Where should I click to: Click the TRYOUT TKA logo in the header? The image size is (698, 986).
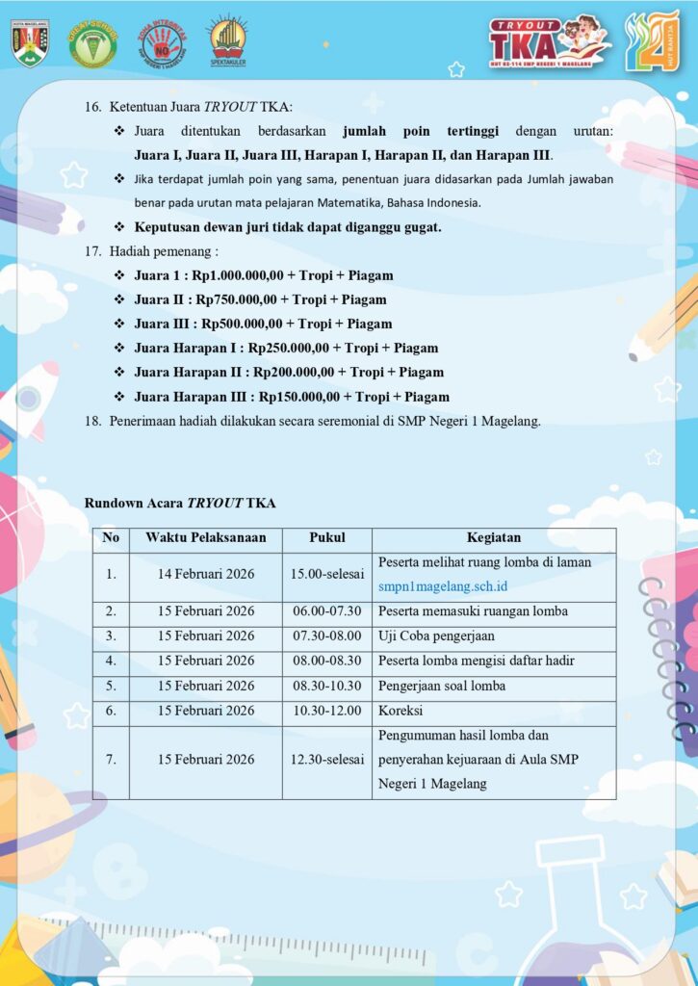pyautogui.click(x=548, y=40)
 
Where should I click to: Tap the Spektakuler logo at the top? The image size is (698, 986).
pyautogui.click(x=227, y=40)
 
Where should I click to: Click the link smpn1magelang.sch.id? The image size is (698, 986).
pyautogui.click(x=443, y=585)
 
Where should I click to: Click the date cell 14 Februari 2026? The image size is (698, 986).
pyautogui.click(x=205, y=574)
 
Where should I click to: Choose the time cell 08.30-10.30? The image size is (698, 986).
pyautogui.click(x=326, y=686)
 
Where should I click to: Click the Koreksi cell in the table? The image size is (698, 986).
pyautogui.click(x=401, y=711)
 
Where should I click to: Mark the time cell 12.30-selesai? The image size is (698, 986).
pyautogui.click(x=326, y=760)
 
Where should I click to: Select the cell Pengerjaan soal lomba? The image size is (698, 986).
pyautogui.click(x=442, y=686)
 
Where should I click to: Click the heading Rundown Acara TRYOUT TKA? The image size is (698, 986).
pyautogui.click(x=181, y=503)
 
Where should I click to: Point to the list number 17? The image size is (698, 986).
pyautogui.click(x=93, y=251)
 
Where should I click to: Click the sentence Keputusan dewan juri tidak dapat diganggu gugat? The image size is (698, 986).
pyautogui.click(x=288, y=227)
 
